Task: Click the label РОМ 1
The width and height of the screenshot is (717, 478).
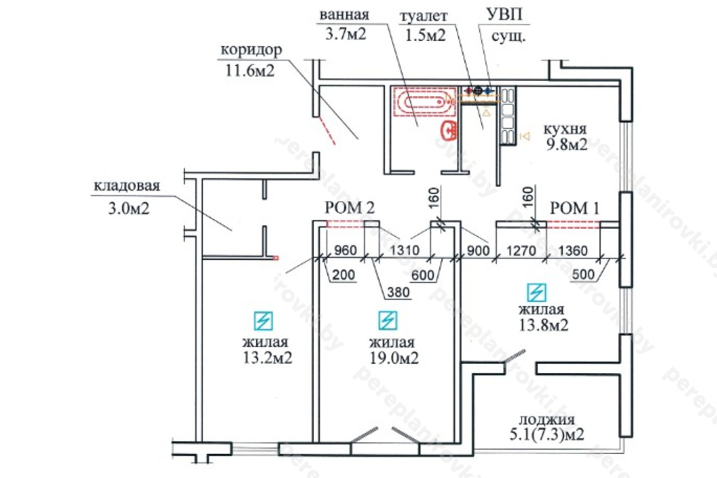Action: pos(575,209)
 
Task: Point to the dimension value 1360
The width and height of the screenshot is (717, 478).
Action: pos(573,250)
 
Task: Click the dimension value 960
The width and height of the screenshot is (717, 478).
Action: pos(344,250)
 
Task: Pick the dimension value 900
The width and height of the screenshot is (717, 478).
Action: pos(477,250)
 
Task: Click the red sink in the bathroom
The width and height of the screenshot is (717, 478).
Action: pos(448,130)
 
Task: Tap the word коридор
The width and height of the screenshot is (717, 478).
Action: pos(252,50)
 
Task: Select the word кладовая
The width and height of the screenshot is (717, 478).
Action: pos(127,186)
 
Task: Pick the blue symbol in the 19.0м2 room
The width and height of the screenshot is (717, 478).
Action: pos(387,320)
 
